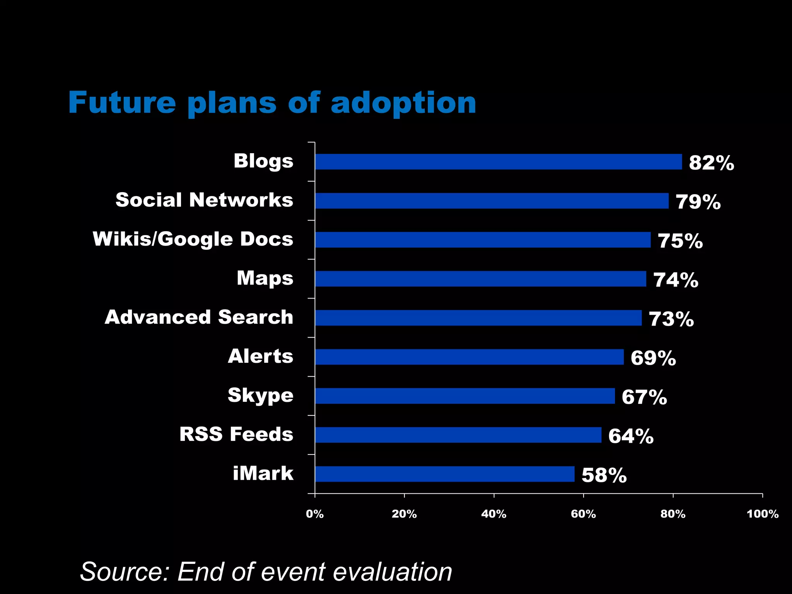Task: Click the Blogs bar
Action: click(498, 162)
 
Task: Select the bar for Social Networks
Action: click(492, 201)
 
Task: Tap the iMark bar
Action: click(444, 474)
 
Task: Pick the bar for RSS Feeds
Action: click(458, 435)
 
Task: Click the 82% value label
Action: click(711, 163)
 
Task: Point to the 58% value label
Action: click(604, 475)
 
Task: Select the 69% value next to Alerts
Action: click(653, 358)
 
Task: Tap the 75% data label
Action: click(680, 241)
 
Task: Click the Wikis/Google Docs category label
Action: click(193, 239)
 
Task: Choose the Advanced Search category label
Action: click(199, 317)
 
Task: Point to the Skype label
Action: click(260, 395)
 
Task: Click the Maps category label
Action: click(265, 278)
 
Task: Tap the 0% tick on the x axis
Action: click(314, 514)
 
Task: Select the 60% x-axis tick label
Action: click(583, 514)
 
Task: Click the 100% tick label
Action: click(762, 514)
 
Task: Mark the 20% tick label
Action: click(404, 514)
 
